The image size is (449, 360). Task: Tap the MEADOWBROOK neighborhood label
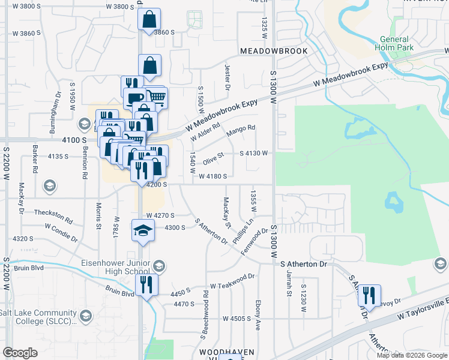pyautogui.click(x=274, y=51)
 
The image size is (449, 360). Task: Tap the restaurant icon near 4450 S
pyautogui.click(x=146, y=284)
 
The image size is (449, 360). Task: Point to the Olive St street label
pyautogui.click(x=213, y=157)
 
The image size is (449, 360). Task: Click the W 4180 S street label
pyautogui.click(x=212, y=176)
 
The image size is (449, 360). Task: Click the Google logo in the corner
pyautogui.click(x=20, y=353)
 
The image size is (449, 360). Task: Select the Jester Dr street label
pyautogui.click(x=228, y=78)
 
